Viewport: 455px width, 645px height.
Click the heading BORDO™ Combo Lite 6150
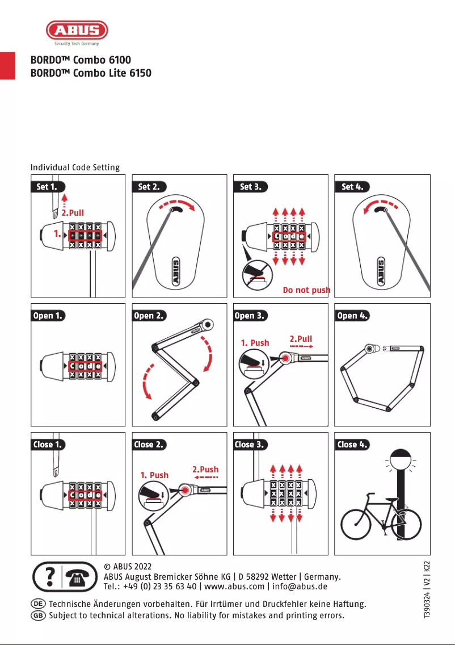coord(91,73)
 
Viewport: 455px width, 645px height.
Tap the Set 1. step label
coord(47,186)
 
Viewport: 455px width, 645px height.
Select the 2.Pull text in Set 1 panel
coord(73,212)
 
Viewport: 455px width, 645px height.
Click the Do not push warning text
coord(306,290)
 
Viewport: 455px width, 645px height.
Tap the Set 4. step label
coord(352,186)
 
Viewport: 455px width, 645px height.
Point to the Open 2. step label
coord(149,316)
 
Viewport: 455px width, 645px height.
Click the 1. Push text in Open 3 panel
coord(255,343)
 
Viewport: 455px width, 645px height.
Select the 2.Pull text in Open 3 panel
coord(301,339)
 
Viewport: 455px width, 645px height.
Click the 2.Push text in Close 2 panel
coord(205,470)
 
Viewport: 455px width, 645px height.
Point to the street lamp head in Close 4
coord(401,458)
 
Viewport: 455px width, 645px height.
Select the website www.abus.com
coord(234,587)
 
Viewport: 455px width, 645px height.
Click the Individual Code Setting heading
coord(75,167)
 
